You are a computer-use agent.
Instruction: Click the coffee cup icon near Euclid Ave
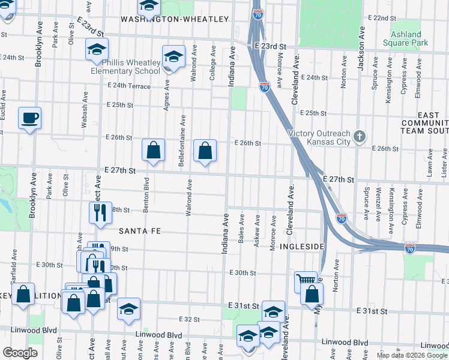pyautogui.click(x=29, y=118)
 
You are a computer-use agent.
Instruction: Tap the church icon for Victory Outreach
pyautogui.click(x=359, y=137)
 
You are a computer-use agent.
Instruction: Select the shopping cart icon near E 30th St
pyautogui.click(x=306, y=280)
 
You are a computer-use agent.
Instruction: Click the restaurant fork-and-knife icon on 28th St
pyautogui.click(x=99, y=212)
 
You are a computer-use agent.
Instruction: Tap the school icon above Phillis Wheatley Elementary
pyautogui.click(x=96, y=50)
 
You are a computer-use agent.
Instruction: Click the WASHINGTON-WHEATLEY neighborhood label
pyautogui.click(x=175, y=19)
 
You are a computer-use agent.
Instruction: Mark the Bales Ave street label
pyautogui.click(x=241, y=232)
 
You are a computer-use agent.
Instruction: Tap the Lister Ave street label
pyautogui.click(x=444, y=159)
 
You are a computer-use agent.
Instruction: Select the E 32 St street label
pyautogui.click(x=188, y=319)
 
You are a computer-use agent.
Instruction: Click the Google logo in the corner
pyautogui.click(x=20, y=353)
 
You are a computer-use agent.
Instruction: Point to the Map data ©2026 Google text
pyautogui.click(x=411, y=355)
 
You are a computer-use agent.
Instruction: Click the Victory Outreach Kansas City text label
pyautogui.click(x=318, y=137)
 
